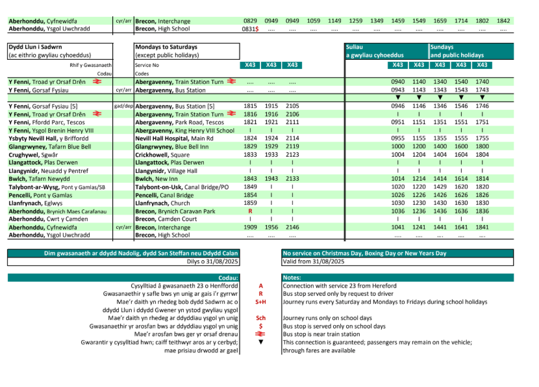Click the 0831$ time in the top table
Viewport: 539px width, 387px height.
pos(250,29)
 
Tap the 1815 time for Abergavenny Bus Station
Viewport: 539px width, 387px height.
pos(250,106)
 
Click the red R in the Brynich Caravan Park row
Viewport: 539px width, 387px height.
pos(250,211)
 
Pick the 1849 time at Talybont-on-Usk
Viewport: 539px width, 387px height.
pos(250,187)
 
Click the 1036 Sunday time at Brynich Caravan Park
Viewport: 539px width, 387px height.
pos(398,211)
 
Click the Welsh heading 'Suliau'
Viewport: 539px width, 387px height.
pos(355,47)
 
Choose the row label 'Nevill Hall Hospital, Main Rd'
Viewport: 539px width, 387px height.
pos(175,139)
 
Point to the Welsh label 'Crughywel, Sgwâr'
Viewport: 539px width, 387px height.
pos(32,155)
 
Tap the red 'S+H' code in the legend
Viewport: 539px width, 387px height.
pos(260,302)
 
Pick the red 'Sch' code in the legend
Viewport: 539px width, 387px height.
pos(260,318)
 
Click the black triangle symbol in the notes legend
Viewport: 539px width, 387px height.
pos(260,342)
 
